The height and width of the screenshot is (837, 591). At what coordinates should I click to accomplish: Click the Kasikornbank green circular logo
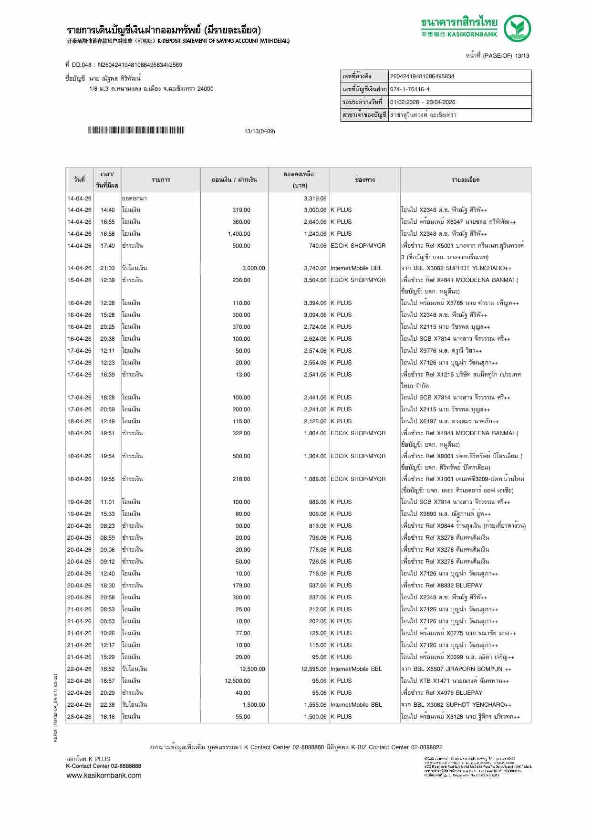point(518,28)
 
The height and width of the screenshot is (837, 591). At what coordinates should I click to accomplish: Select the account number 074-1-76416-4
point(410,89)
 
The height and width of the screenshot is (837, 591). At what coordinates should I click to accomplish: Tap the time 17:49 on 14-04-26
point(107,246)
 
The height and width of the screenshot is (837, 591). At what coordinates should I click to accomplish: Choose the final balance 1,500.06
point(315,717)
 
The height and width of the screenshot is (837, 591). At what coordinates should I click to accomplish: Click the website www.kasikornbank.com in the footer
point(104,775)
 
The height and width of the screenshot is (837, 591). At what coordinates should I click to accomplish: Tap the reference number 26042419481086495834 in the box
point(422,76)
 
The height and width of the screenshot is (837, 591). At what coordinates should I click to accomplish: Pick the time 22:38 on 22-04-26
point(107,705)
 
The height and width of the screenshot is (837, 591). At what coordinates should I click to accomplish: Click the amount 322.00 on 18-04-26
point(241,433)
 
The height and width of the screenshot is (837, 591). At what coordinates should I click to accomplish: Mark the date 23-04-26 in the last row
point(79,717)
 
